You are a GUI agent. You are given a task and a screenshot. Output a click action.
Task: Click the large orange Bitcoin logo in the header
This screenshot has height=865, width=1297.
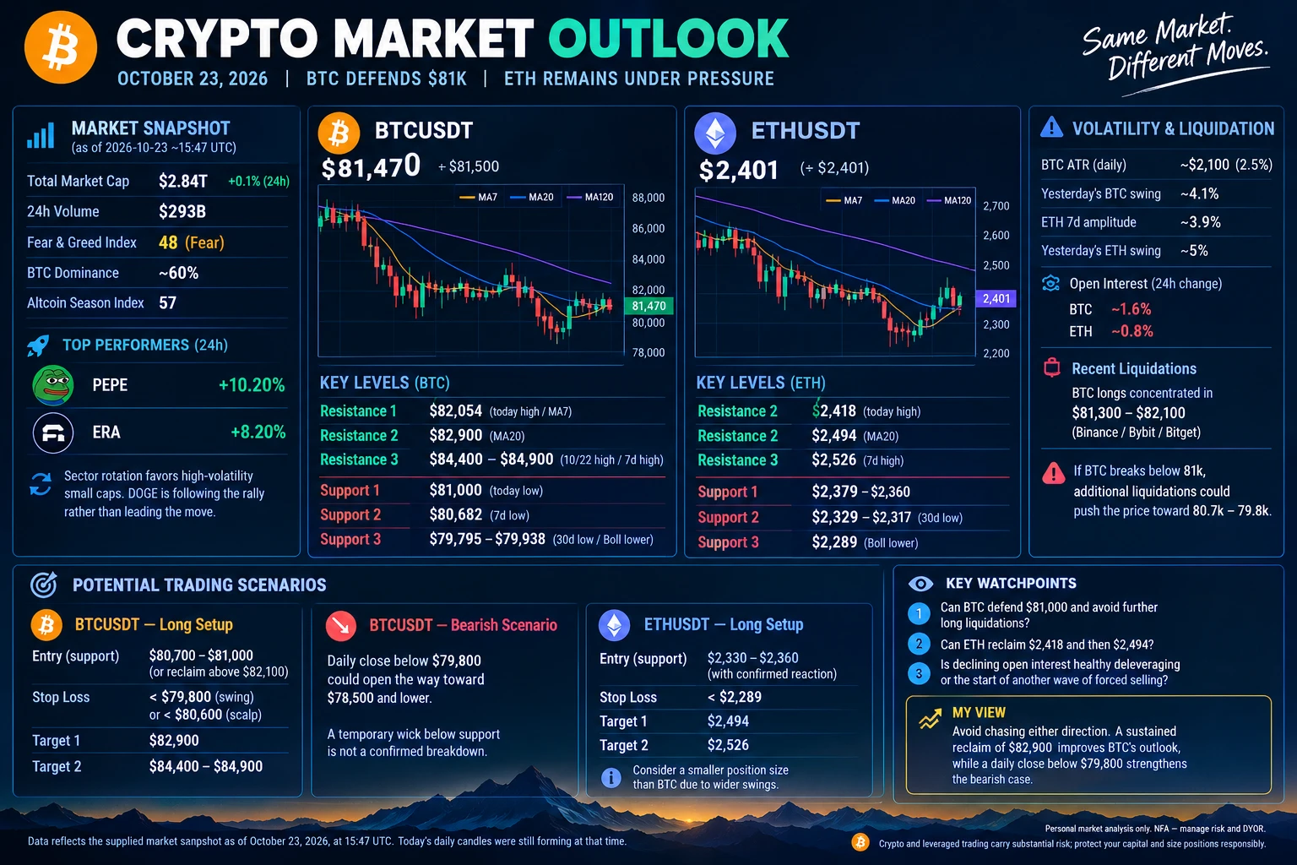coord(60,47)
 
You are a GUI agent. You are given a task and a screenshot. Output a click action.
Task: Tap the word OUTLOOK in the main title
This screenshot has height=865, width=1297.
coord(669,39)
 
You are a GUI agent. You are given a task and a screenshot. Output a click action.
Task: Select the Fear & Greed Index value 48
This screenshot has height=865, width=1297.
coord(168,242)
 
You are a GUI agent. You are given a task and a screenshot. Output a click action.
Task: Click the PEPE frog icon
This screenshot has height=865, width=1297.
coord(52,384)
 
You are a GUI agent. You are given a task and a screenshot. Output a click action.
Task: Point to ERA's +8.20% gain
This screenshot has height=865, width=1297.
coord(258,432)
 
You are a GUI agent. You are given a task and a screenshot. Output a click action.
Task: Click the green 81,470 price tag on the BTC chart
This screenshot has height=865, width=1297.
coord(648,306)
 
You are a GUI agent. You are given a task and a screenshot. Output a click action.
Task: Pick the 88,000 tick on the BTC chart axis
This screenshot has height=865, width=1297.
coord(648,198)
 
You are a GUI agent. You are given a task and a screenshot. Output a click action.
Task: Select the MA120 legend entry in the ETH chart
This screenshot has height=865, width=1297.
coord(950,200)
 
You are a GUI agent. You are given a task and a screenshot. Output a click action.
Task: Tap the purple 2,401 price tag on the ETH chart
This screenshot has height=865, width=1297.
coord(996,298)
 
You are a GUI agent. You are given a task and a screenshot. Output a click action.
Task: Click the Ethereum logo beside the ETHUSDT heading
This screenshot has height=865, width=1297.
coord(715,133)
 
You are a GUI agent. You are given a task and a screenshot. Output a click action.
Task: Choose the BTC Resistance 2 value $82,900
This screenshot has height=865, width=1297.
coord(456,435)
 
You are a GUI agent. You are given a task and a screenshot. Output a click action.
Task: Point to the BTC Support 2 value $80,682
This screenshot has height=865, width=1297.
coord(456,514)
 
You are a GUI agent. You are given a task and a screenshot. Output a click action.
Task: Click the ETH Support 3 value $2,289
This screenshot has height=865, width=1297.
coord(834,542)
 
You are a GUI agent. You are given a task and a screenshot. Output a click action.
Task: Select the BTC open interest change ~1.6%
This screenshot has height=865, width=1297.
coord(1131,309)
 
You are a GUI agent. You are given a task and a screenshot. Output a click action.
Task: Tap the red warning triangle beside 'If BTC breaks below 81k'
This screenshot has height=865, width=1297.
coord(1053,473)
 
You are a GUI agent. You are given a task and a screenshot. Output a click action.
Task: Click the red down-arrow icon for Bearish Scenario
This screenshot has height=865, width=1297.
coord(341,626)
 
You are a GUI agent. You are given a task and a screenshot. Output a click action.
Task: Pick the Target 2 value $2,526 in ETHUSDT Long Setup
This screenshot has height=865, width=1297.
coord(728,744)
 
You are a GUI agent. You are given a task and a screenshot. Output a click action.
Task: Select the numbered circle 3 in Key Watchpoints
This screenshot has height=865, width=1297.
coord(919,674)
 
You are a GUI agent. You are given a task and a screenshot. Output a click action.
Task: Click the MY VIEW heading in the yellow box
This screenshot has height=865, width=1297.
coord(979,713)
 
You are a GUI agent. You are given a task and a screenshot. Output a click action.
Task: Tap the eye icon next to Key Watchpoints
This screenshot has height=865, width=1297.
coord(920,584)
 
